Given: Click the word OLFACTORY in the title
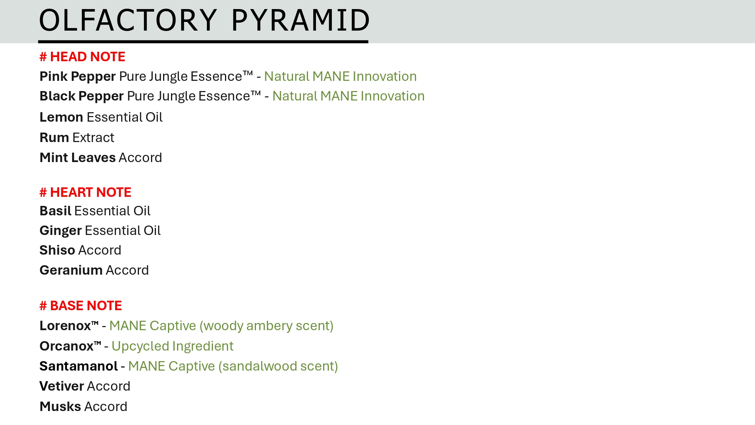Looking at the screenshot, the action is coord(128,20).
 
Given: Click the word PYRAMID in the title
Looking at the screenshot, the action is coord(300,20).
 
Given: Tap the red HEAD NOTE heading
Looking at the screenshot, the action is coord(82,57).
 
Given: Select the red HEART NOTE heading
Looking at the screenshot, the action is coord(85,192).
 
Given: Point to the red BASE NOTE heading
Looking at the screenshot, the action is coord(81,306).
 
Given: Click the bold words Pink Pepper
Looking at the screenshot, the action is coord(77,77).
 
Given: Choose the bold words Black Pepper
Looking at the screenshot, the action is coord(82,96).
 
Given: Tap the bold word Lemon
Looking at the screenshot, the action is coord(61,117).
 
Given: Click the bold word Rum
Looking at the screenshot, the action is coord(54,138).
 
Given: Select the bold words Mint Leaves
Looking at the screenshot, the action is coord(77,158).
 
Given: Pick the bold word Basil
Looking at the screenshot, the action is coord(55,211).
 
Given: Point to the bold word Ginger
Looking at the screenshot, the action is coord(61,231).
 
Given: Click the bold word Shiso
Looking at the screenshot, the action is coord(57,250).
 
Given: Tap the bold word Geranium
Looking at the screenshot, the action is coord(71,270).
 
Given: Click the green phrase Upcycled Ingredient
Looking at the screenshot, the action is coord(173,346).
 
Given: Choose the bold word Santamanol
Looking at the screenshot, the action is coord(79,366).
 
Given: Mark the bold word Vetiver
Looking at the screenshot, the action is coord(62,386).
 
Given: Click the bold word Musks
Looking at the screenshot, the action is coord(60,406).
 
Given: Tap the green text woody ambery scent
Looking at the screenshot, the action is coord(267,326).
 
